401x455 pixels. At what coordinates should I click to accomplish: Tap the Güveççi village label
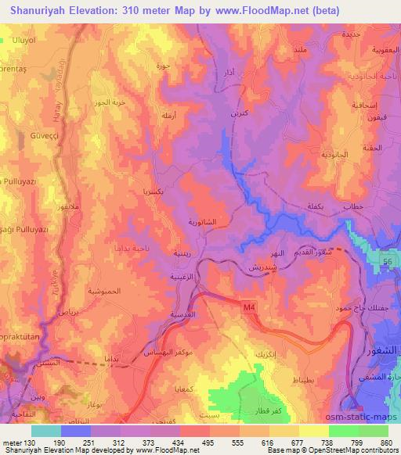pyautogui.click(x=24, y=134)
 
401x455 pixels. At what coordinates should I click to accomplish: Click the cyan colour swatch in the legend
pyautogui.click(x=45, y=431)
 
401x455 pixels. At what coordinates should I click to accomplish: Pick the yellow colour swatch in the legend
pyautogui.click(x=313, y=431)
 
